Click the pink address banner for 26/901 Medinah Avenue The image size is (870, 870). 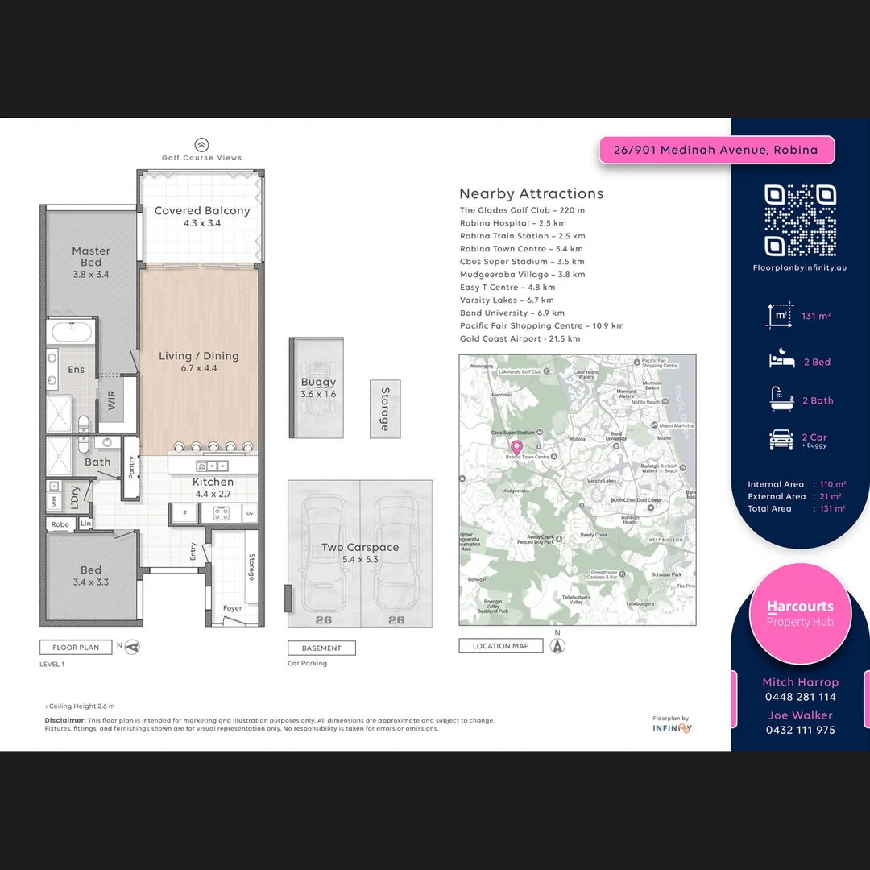tap(715, 150)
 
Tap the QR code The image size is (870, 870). tap(800, 220)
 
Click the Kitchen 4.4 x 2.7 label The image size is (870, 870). tap(213, 487)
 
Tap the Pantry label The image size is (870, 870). tap(132, 467)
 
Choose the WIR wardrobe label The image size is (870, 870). tap(112, 400)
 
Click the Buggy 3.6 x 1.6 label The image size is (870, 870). tap(318, 387)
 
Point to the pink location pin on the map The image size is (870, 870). tap(516, 447)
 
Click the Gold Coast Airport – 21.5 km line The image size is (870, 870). tap(520, 339)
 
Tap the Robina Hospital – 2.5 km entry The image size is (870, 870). tap(512, 223)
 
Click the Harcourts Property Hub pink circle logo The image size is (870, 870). tap(800, 614)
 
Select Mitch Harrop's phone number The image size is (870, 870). tap(800, 697)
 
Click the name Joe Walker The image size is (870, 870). tap(800, 715)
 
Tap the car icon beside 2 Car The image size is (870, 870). tap(781, 439)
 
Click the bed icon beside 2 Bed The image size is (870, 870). tap(781, 361)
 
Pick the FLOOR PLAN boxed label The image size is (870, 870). tap(76, 647)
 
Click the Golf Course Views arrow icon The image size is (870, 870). tap(201, 145)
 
